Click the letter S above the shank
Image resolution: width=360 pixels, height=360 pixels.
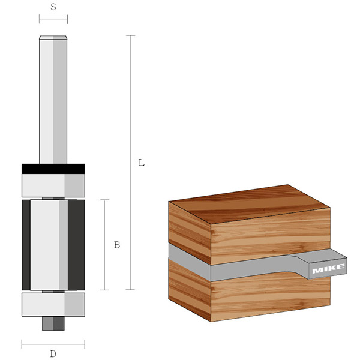coord(53,7)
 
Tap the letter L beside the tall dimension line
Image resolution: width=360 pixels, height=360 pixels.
coord(141,163)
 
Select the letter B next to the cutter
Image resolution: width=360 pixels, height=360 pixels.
coord(117,245)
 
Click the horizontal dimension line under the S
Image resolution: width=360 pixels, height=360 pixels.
coord(53,19)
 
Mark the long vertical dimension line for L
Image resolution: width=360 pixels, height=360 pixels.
coord(130,162)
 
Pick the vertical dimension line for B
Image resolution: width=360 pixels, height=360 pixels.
coord(106,245)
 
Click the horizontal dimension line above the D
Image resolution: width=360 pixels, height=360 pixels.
coord(53,344)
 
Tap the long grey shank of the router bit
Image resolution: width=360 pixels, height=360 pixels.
coord(53,102)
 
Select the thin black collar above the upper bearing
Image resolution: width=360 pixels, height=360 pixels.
coord(53,168)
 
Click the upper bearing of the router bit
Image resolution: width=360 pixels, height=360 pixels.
coord(53,185)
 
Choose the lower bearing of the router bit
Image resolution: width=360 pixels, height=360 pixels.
coord(53,305)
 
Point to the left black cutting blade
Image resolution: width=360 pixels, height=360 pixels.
coord(25,245)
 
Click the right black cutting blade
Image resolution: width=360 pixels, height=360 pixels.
coord(76,245)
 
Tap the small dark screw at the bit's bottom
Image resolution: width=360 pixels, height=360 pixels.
coord(53,323)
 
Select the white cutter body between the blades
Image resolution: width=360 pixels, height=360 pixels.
coord(48,245)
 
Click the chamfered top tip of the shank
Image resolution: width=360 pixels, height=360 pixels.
coord(53,38)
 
